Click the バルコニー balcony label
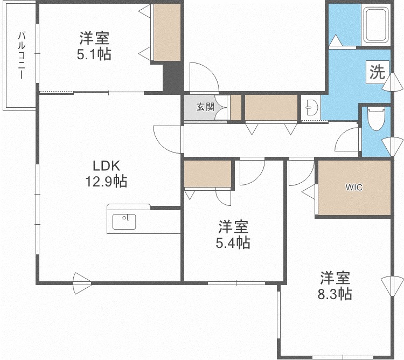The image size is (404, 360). point(22,55)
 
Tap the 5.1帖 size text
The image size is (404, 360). point(94,54)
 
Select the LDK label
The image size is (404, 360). point(107,166)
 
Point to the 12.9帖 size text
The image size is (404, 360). point(106,181)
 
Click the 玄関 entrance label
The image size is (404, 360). point(205,107)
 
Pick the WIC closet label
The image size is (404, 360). point(354,188)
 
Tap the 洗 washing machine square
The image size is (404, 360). point(378,72)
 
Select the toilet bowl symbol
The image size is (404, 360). point(376,119)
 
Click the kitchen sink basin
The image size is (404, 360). point(124,221)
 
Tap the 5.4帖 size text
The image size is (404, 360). point(233,243)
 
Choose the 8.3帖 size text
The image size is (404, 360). point(335,294)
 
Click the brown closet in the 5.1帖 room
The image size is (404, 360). point(167,32)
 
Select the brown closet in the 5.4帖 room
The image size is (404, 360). point(208,174)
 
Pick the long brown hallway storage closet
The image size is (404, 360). point(271,107)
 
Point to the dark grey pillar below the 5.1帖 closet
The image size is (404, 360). point(173,77)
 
